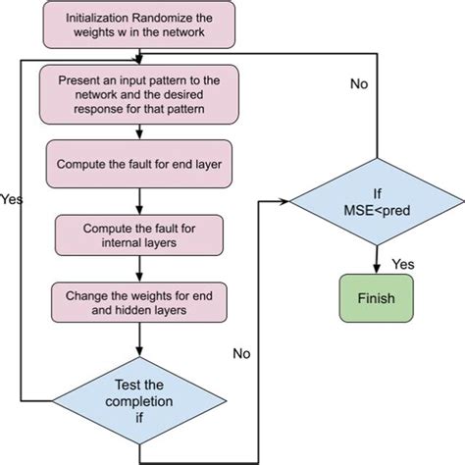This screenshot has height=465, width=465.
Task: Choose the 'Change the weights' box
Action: [138, 301]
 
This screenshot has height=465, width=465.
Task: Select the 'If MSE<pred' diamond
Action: [376, 201]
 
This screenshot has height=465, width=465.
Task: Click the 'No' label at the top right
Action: [359, 82]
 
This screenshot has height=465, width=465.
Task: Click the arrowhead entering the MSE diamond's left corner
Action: [287, 201]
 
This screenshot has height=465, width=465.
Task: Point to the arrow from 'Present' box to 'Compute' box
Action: [138, 130]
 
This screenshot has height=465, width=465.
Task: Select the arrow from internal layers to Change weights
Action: [138, 268]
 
